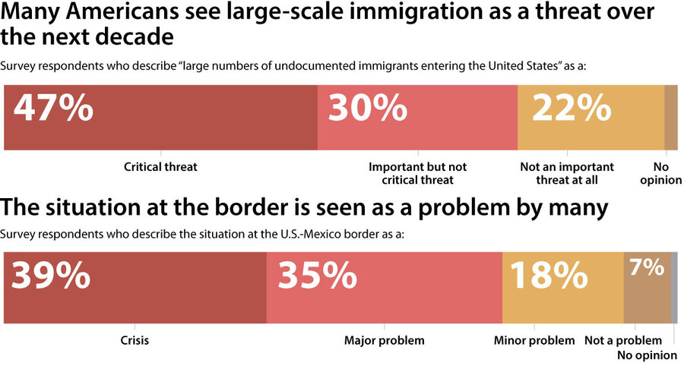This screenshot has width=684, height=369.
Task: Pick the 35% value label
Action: (318, 276)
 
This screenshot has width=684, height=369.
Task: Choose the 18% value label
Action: (549, 276)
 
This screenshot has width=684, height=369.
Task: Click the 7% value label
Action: (646, 267)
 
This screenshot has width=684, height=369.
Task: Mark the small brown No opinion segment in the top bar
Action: (671, 118)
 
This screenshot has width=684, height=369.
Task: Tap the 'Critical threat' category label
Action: (160, 167)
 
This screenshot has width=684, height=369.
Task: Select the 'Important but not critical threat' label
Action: (417, 173)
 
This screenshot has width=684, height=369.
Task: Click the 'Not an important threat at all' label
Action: (566, 173)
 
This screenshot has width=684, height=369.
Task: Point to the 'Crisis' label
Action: (135, 340)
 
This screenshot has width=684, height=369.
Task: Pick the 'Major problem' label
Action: (384, 340)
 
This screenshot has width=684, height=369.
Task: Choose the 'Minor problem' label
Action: (534, 340)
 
